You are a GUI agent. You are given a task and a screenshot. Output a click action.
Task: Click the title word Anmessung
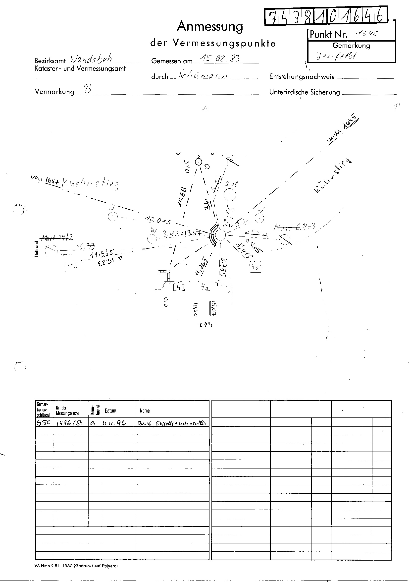[210, 26]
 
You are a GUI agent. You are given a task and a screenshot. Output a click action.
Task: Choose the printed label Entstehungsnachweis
[302, 77]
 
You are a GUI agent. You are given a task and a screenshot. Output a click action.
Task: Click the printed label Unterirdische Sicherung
[304, 92]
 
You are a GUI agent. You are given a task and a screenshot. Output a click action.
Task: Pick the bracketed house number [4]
[179, 288]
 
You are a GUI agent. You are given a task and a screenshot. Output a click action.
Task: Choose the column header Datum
[110, 411]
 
